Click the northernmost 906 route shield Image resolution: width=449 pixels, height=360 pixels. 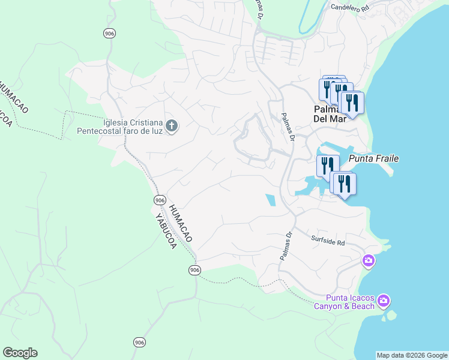tap(109, 34)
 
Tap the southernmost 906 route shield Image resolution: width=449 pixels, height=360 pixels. tap(139, 342)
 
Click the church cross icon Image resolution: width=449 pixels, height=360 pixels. tap(172, 127)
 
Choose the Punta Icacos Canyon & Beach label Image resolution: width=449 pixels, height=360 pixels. tap(350, 302)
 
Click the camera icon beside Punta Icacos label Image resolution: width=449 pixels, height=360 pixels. tap(384, 300)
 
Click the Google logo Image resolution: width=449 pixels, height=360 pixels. tap(20, 353)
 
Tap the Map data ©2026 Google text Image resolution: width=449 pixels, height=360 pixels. tap(412, 355)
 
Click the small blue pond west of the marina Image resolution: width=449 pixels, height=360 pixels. tap(271, 200)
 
